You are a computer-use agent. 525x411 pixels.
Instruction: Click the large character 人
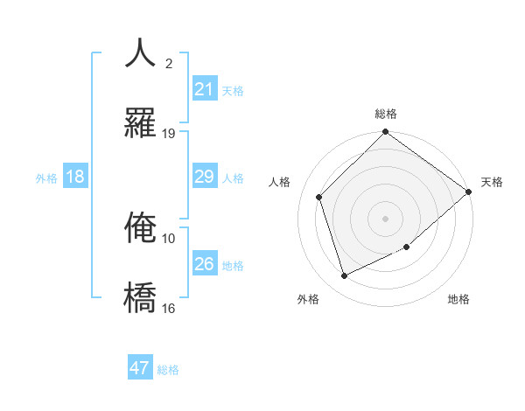tap(141, 52)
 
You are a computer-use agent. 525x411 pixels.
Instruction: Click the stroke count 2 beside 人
tap(169, 63)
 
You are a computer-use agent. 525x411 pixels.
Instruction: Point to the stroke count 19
tap(169, 133)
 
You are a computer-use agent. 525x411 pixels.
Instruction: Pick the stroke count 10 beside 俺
tap(169, 238)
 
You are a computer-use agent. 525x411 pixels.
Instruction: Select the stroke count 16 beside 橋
tap(169, 308)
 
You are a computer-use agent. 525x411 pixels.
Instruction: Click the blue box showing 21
tap(205, 89)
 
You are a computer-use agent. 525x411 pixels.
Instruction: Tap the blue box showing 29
tap(205, 177)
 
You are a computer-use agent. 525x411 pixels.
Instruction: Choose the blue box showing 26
tap(205, 264)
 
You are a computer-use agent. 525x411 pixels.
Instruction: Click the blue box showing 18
tap(75, 177)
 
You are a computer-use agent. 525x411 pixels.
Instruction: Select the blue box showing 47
tap(140, 368)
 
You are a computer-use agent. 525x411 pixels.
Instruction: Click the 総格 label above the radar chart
tap(386, 114)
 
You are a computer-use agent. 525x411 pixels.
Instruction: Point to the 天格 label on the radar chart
tap(492, 182)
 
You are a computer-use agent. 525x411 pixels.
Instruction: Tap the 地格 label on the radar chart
tap(458, 299)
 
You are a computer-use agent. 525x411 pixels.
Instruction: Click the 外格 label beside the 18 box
tap(46, 178)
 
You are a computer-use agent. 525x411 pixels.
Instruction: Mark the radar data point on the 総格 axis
tap(386, 133)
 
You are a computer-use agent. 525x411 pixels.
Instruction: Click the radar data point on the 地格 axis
tap(407, 247)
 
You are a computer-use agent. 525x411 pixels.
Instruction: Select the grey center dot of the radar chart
tap(386, 218)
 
